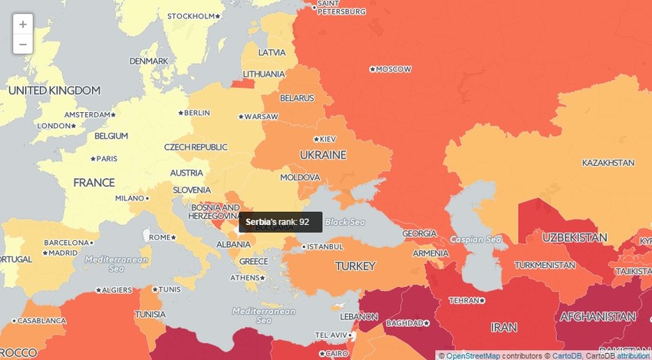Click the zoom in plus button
coord(23,25)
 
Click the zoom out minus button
coord(23,45)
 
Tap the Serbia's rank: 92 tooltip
coord(278,222)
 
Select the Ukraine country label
coord(323,155)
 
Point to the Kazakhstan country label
coord(608,163)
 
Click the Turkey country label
coord(355,266)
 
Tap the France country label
coord(94,183)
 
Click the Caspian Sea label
coord(476,239)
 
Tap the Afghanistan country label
coord(598,316)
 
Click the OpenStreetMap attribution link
coord(474,355)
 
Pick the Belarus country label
coord(297,97)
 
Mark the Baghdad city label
coord(406,323)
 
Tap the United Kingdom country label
coord(54,91)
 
